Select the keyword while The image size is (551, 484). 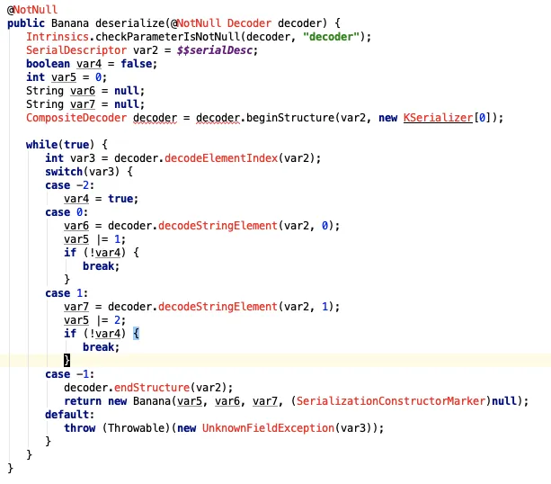point(41,144)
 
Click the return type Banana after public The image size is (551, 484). point(70,22)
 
